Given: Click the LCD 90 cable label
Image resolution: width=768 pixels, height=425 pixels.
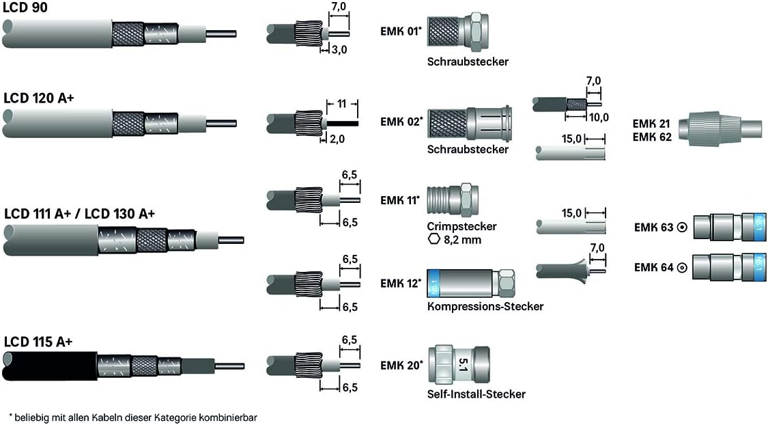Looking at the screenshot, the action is (25, 8).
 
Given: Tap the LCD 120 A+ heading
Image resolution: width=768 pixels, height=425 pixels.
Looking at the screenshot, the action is (39, 98).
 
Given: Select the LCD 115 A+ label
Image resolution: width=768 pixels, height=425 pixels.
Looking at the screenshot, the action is (38, 342).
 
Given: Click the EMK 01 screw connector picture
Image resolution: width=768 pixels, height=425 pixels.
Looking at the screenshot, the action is (458, 32).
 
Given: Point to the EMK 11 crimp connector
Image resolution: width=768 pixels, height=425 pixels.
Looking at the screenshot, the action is (453, 200).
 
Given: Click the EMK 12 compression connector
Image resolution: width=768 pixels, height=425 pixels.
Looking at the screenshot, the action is (470, 284).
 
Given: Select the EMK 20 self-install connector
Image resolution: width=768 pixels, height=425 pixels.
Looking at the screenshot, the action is (459, 364).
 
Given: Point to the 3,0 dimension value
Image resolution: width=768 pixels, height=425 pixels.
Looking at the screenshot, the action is (339, 50).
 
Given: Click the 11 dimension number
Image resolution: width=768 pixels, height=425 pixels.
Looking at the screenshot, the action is (342, 103).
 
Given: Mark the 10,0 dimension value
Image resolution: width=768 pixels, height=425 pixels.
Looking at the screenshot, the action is (599, 118).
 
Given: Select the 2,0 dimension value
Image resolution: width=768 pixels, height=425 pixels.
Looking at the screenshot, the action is (337, 139).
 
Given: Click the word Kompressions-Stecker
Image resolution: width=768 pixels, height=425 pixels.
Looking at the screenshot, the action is (485, 306).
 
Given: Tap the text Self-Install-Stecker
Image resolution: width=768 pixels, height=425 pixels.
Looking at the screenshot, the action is (476, 394).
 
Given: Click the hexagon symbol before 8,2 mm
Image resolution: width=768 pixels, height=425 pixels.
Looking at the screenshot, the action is (433, 240).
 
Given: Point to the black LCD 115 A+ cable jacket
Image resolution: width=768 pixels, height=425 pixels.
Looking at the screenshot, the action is (52, 366).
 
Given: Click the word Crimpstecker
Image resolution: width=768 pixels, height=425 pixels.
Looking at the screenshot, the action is (462, 226).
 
